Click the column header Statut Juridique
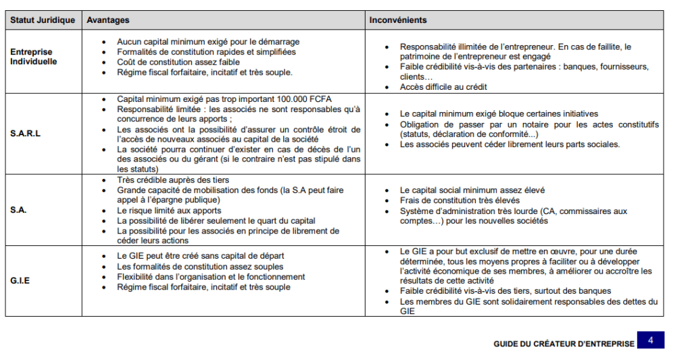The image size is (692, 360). [x=43, y=20]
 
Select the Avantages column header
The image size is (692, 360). [x=108, y=20]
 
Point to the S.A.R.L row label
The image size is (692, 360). [x=26, y=134]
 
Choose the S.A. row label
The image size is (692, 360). [x=19, y=210]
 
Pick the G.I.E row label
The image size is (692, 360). [x=21, y=280]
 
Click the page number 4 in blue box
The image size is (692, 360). [x=650, y=340]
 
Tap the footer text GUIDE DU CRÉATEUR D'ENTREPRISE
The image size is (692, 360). [x=564, y=344]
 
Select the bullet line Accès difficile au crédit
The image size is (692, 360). [x=443, y=86]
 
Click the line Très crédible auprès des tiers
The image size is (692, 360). [x=173, y=180]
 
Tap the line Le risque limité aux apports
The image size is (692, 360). [x=168, y=211]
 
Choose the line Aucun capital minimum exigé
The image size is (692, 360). [x=208, y=42]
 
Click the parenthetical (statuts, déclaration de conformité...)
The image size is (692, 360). [x=469, y=134]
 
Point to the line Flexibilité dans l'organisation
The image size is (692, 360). [x=211, y=276]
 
